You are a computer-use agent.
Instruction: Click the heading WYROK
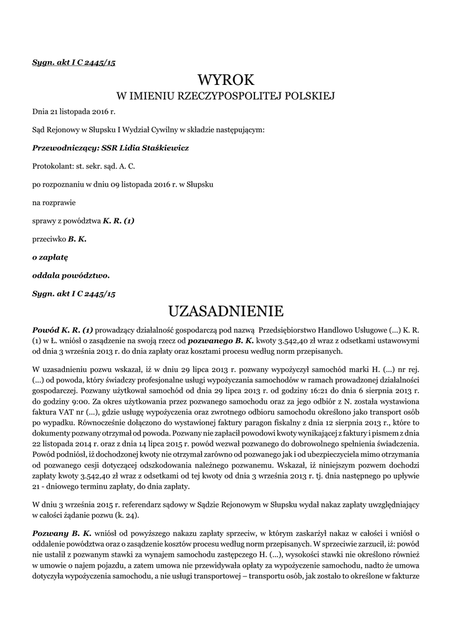pyautogui.click(x=226, y=80)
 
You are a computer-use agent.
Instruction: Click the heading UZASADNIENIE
pyautogui.click(x=226, y=310)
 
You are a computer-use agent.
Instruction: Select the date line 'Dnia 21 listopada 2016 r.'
pyautogui.click(x=74, y=112)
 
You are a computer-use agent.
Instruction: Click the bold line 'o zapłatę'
pyautogui.click(x=50, y=256)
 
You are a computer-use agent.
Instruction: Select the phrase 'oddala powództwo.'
pyautogui.click(x=70, y=275)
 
